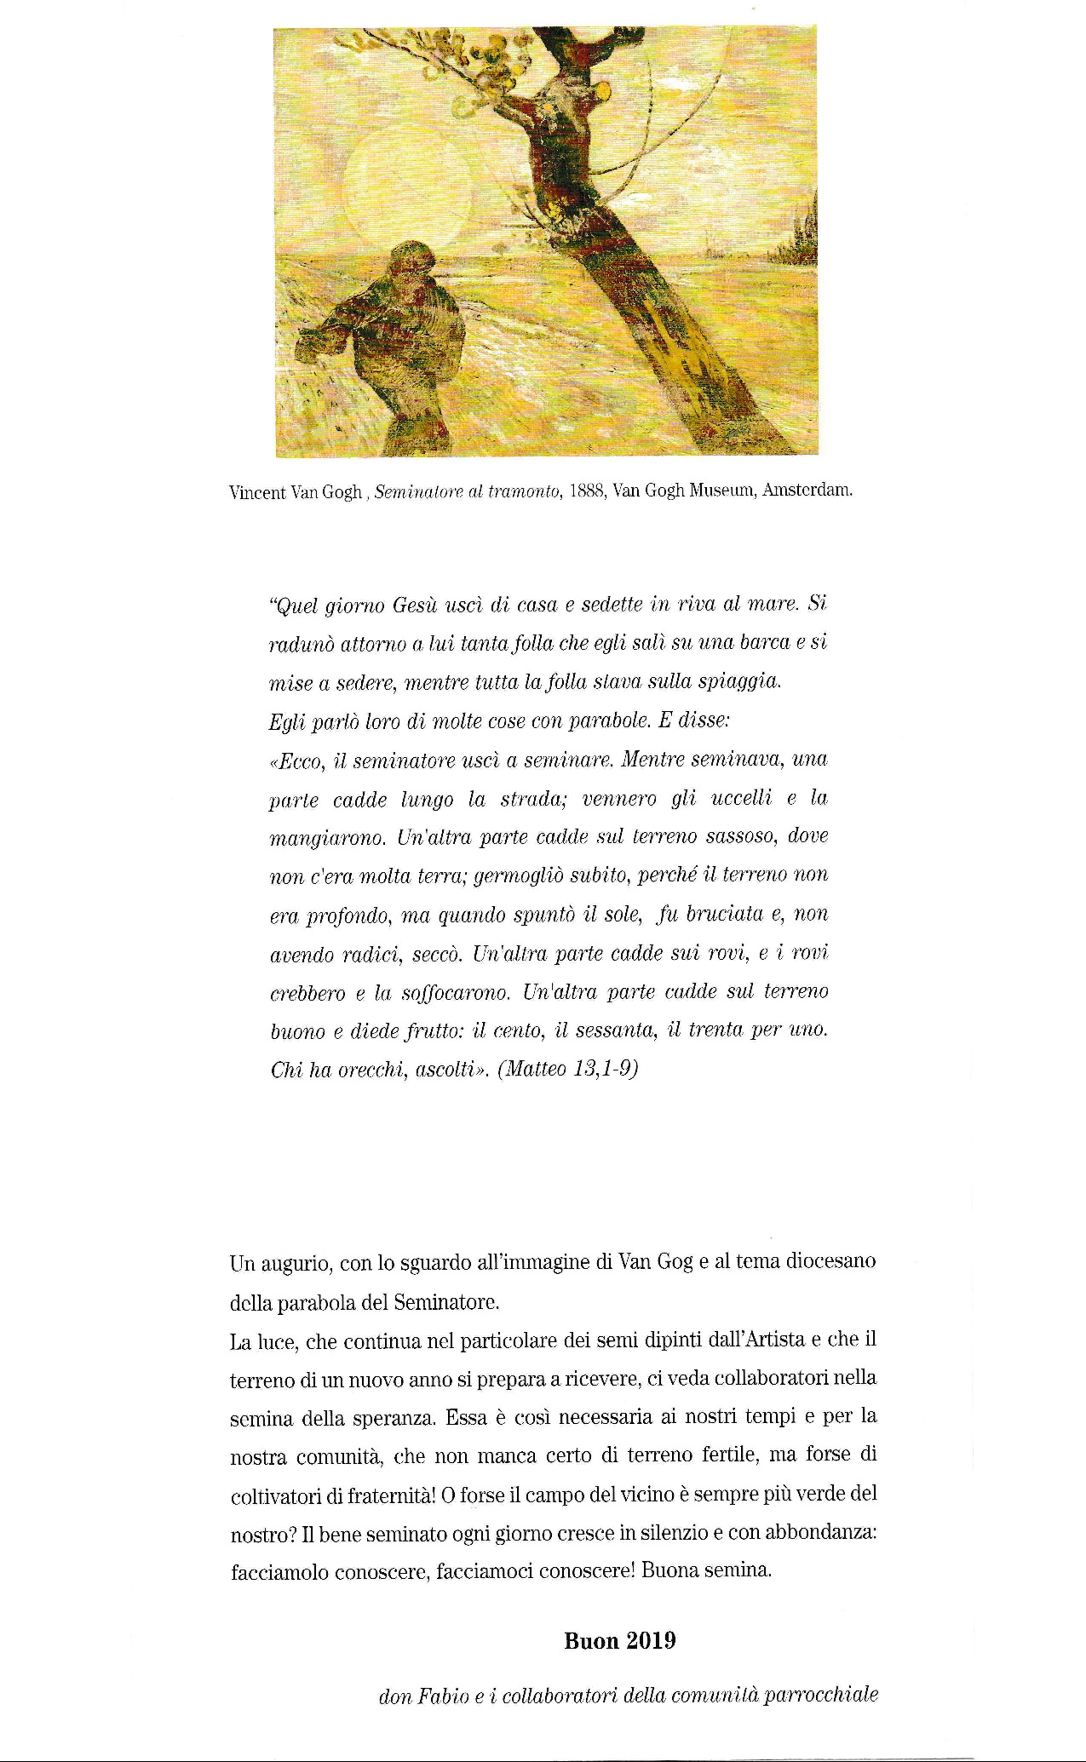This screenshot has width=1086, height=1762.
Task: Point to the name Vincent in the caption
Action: coord(258,492)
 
